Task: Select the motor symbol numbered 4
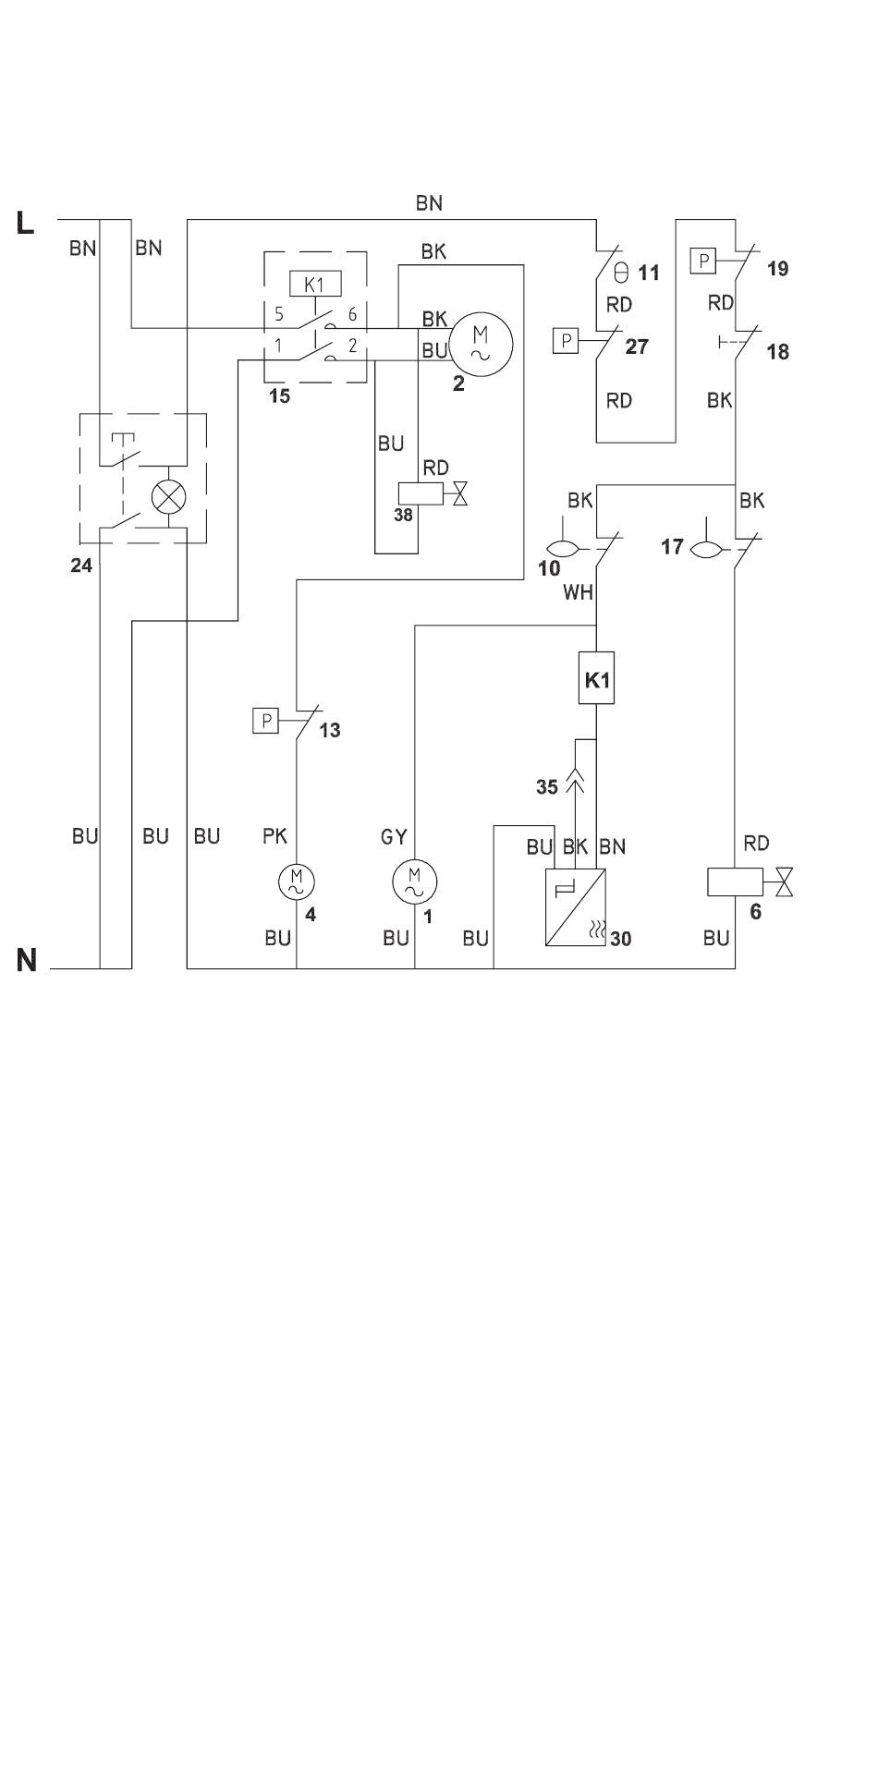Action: pos(297,881)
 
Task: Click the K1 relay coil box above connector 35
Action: pos(597,679)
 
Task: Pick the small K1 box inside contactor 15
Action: pos(315,283)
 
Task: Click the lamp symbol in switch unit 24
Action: pos(168,497)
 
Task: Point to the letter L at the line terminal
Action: pos(25,223)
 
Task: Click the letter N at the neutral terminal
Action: pos(27,961)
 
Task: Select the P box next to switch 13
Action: pos(266,720)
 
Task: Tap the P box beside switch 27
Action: pos(566,341)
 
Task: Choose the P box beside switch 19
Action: pos(704,261)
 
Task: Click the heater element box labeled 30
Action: pos(576,907)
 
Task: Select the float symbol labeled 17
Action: pos(708,549)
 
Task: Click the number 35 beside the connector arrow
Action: pos(547,786)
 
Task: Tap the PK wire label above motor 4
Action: pos(275,836)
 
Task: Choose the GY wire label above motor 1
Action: pos(395,837)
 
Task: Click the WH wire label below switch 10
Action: pos(578,592)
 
